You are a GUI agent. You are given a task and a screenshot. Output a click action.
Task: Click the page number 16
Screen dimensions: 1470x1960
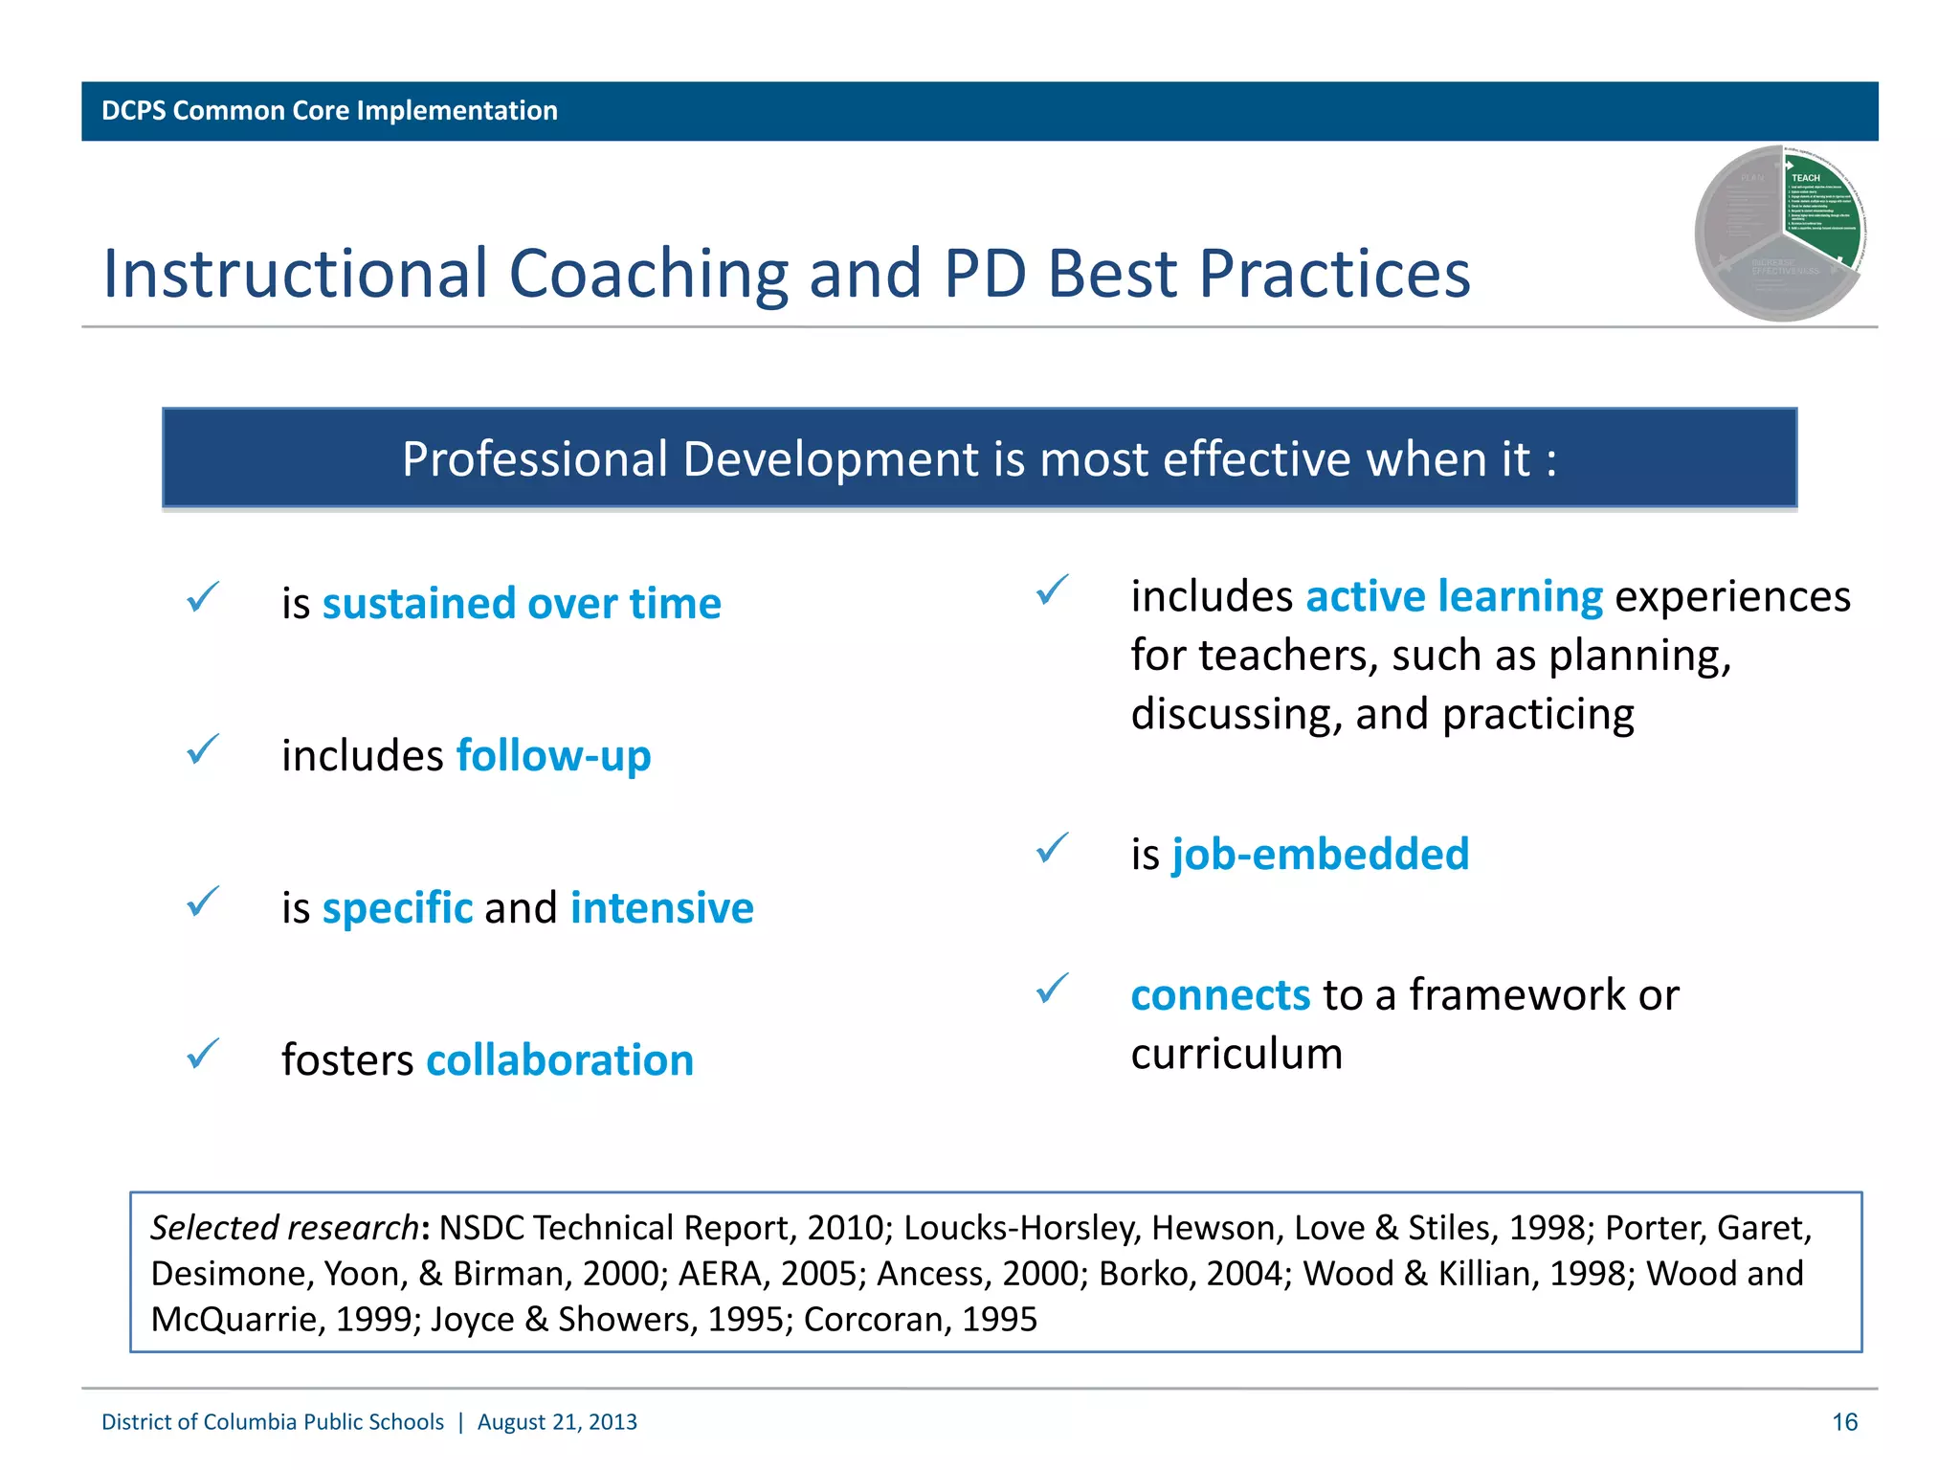1844,1422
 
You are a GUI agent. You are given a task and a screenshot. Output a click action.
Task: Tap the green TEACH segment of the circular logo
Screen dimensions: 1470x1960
1820,215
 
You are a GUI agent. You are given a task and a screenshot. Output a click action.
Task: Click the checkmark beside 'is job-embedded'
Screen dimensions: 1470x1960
1052,849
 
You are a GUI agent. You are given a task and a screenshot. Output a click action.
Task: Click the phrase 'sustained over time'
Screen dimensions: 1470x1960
522,604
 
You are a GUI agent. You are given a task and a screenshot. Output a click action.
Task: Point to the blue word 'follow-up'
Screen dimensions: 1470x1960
553,756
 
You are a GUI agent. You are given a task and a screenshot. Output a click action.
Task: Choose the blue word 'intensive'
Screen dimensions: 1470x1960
661,908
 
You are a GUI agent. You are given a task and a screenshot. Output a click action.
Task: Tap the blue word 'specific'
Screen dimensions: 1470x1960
397,908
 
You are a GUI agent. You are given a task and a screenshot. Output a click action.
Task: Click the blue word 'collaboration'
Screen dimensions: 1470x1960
560,1060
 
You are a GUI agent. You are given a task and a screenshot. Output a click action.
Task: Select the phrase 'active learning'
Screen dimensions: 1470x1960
1454,596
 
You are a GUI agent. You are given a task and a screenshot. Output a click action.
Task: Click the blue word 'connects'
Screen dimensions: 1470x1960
1220,995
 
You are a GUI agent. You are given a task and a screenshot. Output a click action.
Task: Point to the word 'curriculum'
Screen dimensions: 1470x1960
1236,1054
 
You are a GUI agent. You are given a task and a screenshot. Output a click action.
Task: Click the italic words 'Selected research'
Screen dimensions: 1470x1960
284,1228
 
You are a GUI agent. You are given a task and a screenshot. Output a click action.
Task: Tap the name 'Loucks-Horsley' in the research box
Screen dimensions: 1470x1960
1022,1228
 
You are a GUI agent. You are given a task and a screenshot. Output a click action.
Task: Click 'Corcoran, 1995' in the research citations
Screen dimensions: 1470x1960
920,1320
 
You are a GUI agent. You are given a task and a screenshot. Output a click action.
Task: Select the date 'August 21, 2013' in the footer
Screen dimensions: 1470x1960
557,1422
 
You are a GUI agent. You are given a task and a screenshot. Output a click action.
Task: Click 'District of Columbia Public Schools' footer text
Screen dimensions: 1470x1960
273,1422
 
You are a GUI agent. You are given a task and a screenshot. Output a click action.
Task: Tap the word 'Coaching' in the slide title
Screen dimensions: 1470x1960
648,274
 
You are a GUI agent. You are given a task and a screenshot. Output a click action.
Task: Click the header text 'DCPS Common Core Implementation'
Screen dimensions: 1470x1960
329,111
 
